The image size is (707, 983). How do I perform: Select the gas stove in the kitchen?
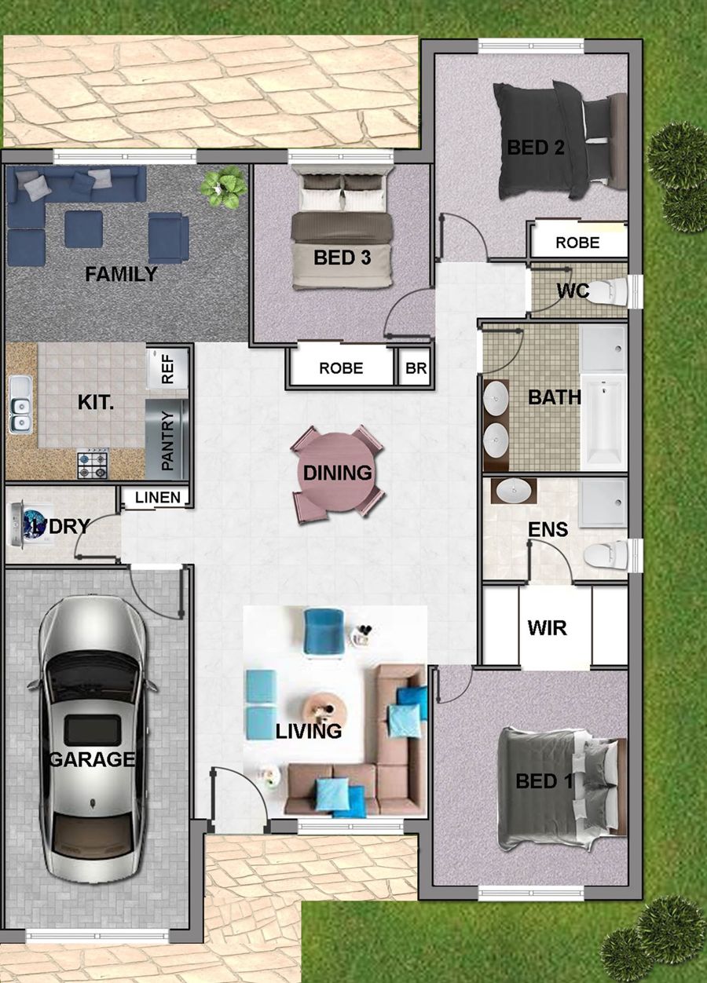[93, 464]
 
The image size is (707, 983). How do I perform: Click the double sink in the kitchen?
[20, 404]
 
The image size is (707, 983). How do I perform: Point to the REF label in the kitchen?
[168, 369]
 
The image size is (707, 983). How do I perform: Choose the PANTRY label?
[168, 440]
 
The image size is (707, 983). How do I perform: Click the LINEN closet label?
[158, 497]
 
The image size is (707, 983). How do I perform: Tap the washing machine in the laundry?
[31, 524]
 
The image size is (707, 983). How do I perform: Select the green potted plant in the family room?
[224, 188]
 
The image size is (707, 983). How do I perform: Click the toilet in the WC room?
[611, 291]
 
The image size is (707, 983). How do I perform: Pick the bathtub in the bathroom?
[604, 422]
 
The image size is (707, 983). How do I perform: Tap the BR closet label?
[416, 367]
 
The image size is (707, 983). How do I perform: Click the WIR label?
[547, 628]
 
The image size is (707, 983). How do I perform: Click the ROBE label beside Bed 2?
[577, 243]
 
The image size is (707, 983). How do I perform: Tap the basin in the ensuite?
[513, 491]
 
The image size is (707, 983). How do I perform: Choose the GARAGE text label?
[92, 759]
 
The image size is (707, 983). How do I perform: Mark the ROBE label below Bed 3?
[341, 368]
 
